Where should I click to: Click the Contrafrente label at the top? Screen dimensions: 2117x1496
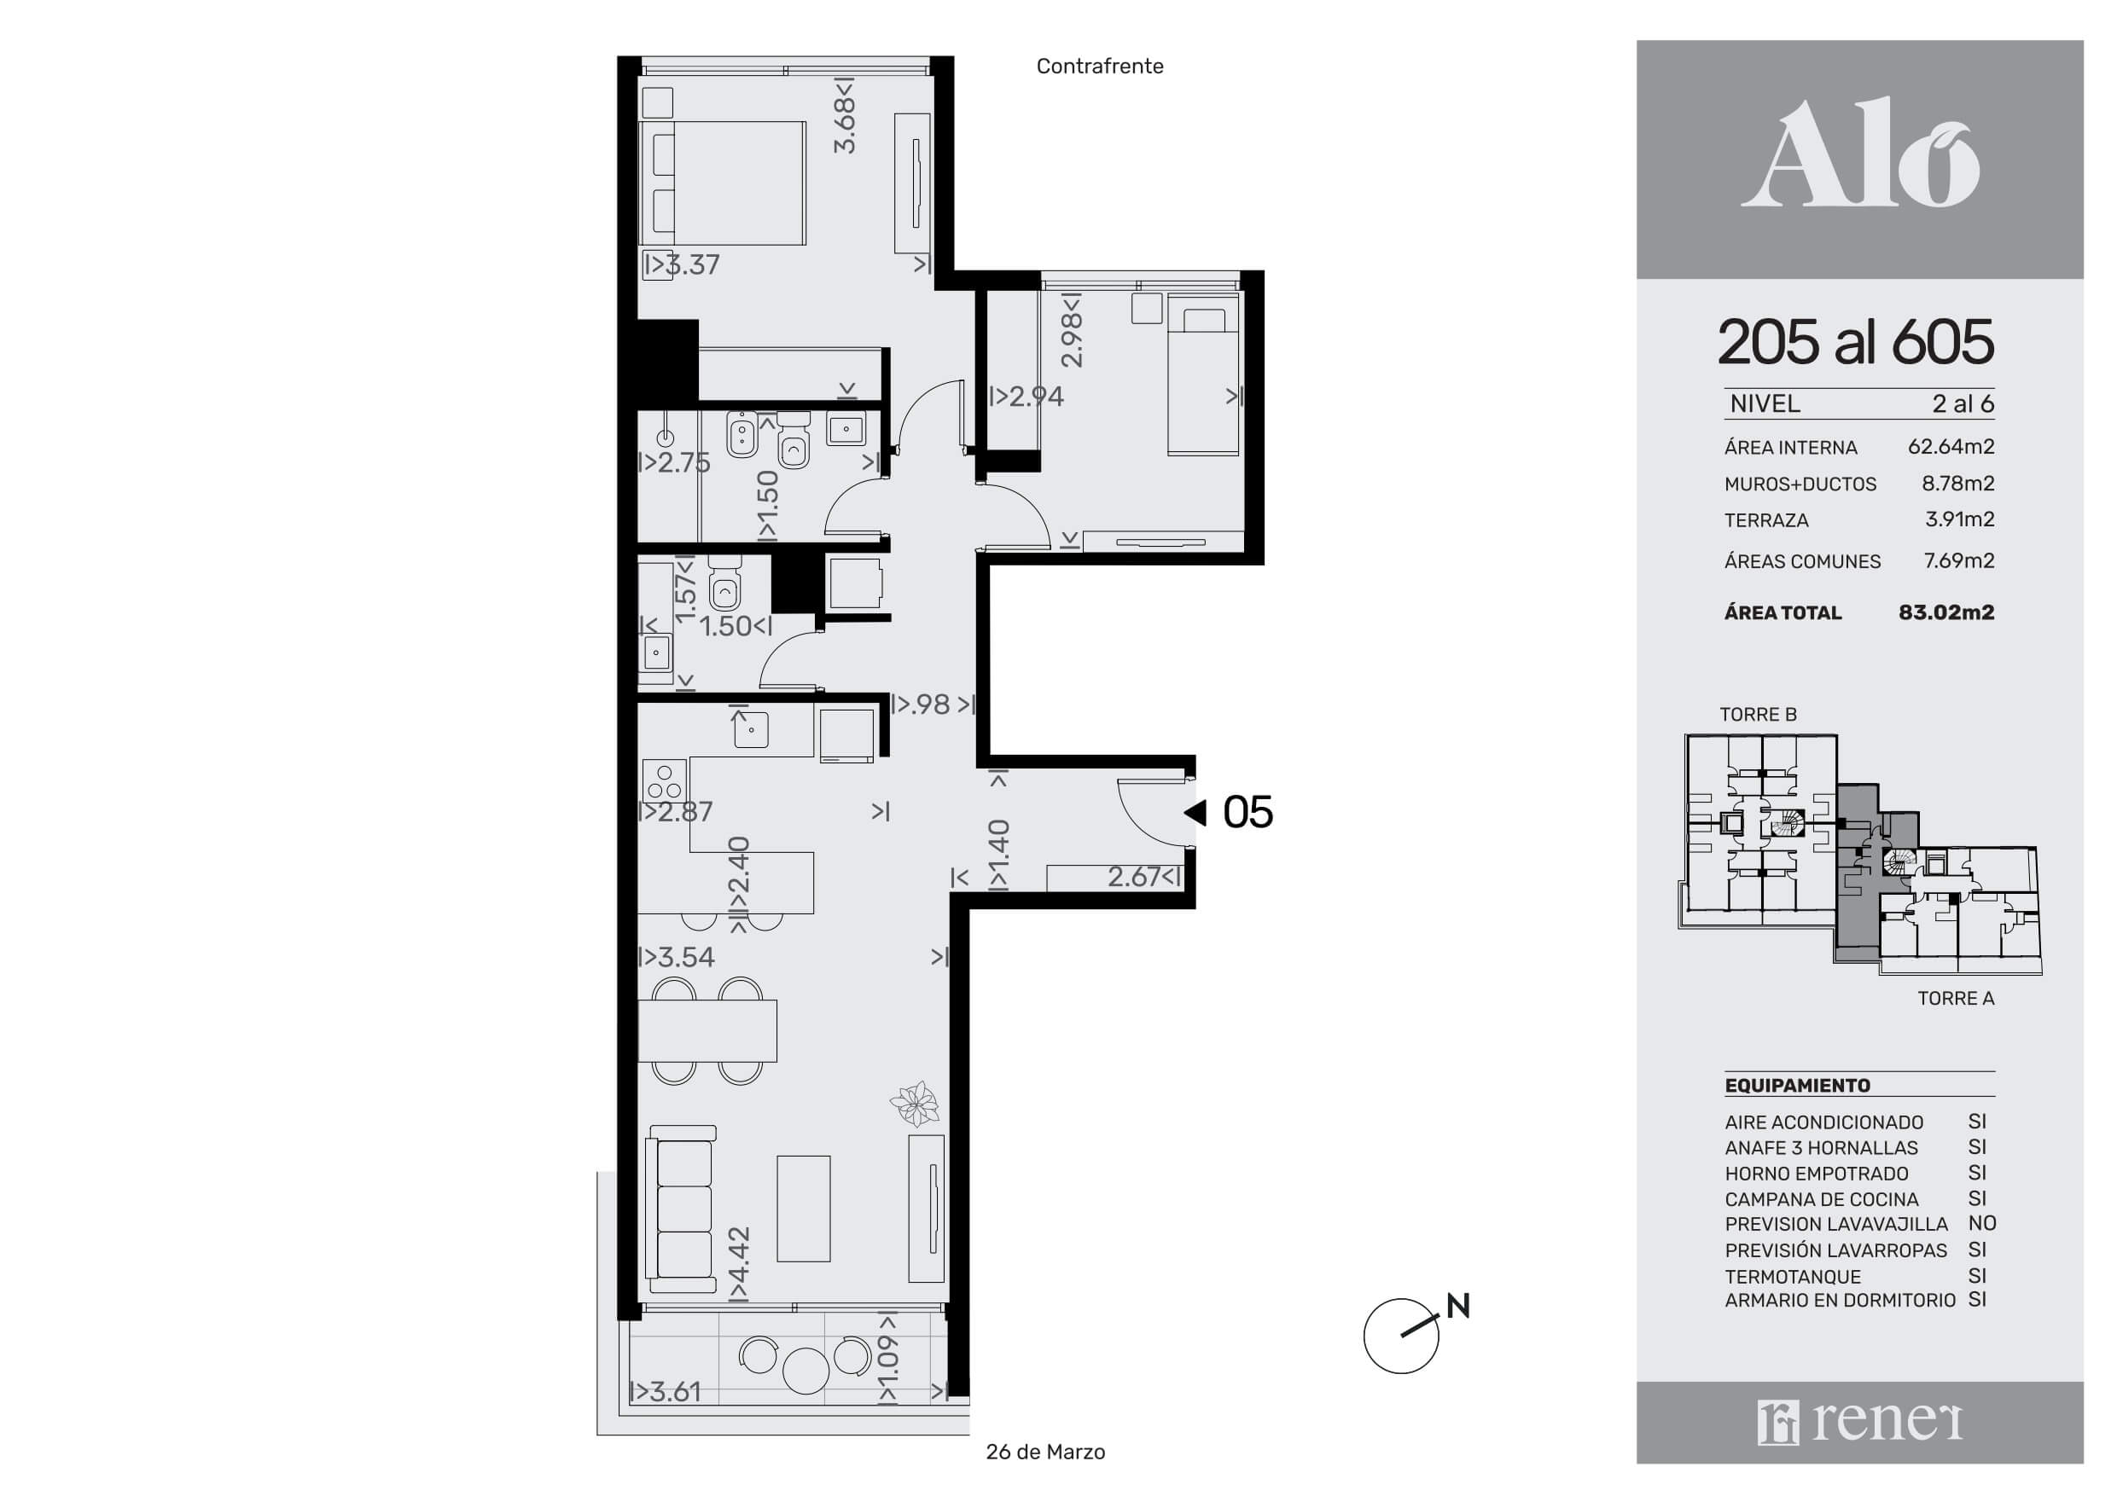1099,67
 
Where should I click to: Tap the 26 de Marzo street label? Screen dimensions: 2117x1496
1045,1452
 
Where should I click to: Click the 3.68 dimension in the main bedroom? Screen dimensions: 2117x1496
845,115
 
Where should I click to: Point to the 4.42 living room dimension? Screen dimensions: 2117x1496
740,1264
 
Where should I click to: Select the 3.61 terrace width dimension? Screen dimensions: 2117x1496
666,1391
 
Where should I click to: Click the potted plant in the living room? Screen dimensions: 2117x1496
915,1104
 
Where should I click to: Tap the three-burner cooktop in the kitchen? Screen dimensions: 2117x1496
665,780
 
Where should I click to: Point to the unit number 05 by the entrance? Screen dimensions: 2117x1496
1248,812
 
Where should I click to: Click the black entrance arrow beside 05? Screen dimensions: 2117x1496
1195,812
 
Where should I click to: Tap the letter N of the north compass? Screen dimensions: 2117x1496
1457,1306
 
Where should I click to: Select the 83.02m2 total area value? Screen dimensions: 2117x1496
1946,612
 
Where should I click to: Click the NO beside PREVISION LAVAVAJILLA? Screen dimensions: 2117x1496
1981,1223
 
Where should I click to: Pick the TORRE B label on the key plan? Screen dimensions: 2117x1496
1759,715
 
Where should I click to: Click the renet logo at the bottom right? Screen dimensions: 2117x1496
1860,1423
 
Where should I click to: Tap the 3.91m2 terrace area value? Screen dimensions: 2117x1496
1959,519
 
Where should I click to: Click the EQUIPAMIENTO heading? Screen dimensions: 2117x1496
1797,1086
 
